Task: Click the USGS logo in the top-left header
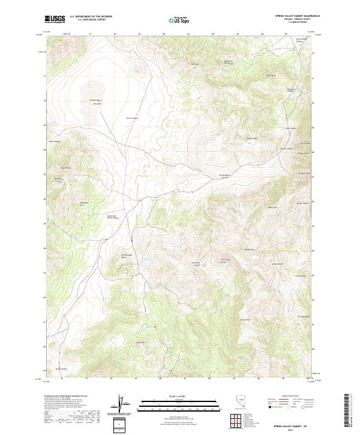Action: pyautogui.click(x=55, y=19)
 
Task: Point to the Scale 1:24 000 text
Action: pyautogui.click(x=179, y=396)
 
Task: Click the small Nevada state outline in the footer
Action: pyautogui.click(x=241, y=403)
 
